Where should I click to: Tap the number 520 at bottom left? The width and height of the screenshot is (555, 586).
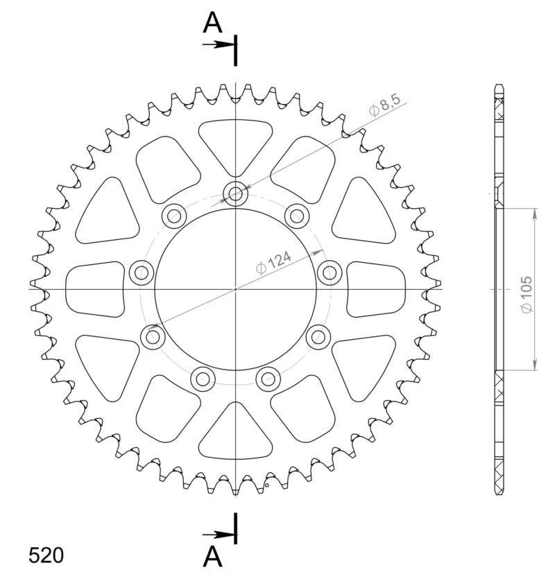[46, 555]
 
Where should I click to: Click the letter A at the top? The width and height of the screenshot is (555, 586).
[213, 24]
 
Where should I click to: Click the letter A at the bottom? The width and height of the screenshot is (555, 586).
[213, 556]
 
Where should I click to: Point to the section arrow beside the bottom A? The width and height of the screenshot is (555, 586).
[220, 535]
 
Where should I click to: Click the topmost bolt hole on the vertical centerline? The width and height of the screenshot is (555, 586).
[236, 194]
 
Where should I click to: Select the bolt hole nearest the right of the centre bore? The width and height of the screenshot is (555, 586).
[329, 271]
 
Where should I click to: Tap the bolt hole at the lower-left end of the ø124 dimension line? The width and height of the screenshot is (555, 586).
[153, 338]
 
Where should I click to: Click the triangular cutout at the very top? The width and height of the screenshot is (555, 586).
[236, 142]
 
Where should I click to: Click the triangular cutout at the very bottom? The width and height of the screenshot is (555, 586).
[236, 433]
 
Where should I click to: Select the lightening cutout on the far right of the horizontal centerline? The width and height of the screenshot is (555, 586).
[377, 288]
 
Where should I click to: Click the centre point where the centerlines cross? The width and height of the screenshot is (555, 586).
[236, 288]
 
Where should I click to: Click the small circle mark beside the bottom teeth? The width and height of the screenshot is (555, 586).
[266, 486]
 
